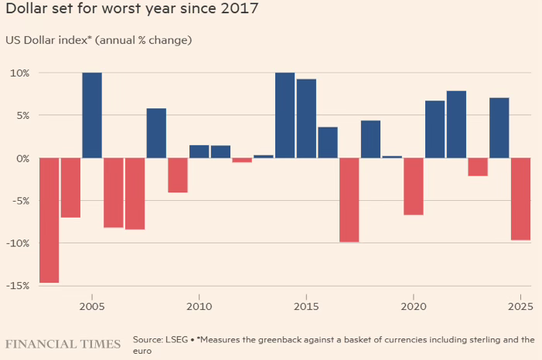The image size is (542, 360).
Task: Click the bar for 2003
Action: pos(49,220)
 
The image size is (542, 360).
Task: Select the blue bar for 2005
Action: pos(92,115)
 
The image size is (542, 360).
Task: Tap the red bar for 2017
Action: pos(349,199)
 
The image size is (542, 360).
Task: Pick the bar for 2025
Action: pos(520,199)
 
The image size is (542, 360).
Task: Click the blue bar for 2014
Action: pos(285,115)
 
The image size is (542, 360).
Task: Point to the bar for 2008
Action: pos(156,133)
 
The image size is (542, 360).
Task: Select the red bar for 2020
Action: pos(413,186)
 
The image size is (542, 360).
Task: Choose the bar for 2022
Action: pos(456,124)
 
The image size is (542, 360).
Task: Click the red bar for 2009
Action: pos(178,175)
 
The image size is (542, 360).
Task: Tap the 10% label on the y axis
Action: pos(19,73)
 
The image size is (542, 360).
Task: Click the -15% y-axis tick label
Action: pos(18,286)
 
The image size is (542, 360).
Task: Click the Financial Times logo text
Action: pos(63,344)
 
